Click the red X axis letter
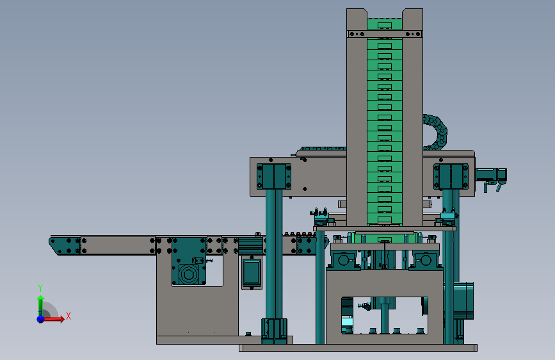[x=68, y=316]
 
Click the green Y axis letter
[x=40, y=288]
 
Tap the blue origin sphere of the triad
[x=41, y=319]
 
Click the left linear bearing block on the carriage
[x=274, y=176]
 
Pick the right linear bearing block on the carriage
[x=451, y=176]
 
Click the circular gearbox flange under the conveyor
[x=188, y=274]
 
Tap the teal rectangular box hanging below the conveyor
[x=252, y=273]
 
